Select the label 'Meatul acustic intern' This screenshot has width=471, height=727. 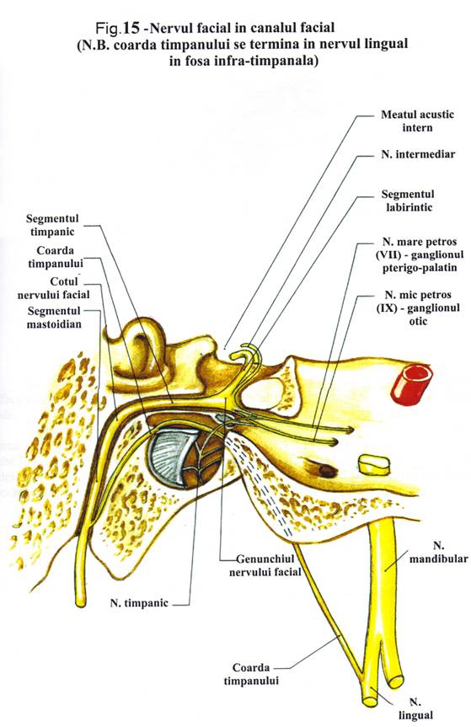pos(417,121)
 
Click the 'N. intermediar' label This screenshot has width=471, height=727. pos(418,154)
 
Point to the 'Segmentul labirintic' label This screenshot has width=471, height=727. pos(408,200)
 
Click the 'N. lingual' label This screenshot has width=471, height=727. pos(416,709)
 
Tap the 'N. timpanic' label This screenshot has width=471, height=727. pos(139,604)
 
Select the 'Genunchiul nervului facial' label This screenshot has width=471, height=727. pos(265,565)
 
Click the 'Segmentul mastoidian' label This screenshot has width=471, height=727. pos(54,317)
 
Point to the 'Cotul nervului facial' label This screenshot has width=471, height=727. pos(54,288)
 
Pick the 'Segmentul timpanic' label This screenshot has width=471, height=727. pos(52,225)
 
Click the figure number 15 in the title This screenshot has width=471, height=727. pos(131,29)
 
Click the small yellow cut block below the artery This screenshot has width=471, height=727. pos(373,464)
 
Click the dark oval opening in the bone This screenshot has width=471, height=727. pos(327,471)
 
